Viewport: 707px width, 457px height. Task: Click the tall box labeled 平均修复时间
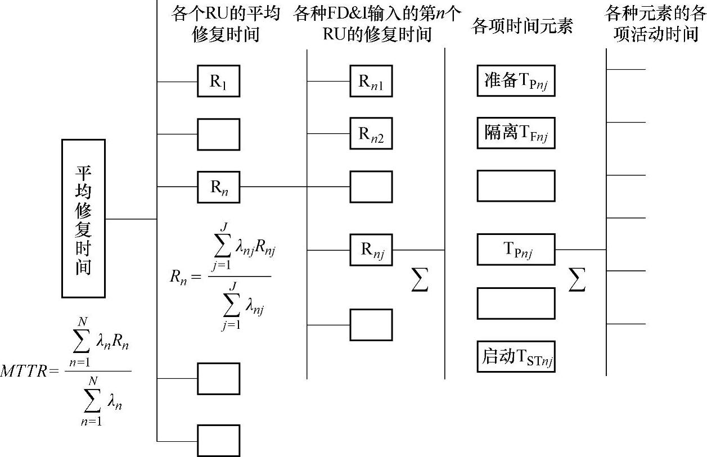pyautogui.click(x=83, y=218)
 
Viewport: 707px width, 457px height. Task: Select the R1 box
pyautogui.click(x=218, y=82)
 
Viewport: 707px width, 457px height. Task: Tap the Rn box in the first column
pyautogui.click(x=218, y=187)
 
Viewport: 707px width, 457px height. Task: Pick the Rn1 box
pyautogui.click(x=371, y=82)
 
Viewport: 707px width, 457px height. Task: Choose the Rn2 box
pyautogui.click(x=371, y=134)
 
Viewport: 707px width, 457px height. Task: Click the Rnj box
pyautogui.click(x=371, y=250)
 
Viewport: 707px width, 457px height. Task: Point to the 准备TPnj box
pyautogui.click(x=516, y=81)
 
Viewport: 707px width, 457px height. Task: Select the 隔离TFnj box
pyautogui.click(x=516, y=133)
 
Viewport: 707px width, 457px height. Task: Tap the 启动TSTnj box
pyautogui.click(x=516, y=356)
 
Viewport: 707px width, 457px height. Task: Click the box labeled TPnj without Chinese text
pyautogui.click(x=516, y=250)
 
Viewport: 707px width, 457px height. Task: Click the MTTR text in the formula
pyautogui.click(x=24, y=371)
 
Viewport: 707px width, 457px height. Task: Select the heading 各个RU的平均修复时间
pyautogui.click(x=226, y=24)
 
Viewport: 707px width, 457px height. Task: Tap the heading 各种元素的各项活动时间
pyautogui.click(x=655, y=24)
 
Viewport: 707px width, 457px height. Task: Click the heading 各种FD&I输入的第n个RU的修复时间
pyautogui.click(x=377, y=24)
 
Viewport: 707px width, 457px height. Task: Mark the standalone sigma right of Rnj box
pyautogui.click(x=420, y=279)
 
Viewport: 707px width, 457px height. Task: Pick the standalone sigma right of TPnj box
pyautogui.click(x=577, y=279)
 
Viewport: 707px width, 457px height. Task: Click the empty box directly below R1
pyautogui.click(x=218, y=134)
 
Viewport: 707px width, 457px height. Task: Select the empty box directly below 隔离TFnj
pyautogui.click(x=516, y=186)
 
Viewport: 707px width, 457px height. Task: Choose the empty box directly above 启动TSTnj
pyautogui.click(x=516, y=303)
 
